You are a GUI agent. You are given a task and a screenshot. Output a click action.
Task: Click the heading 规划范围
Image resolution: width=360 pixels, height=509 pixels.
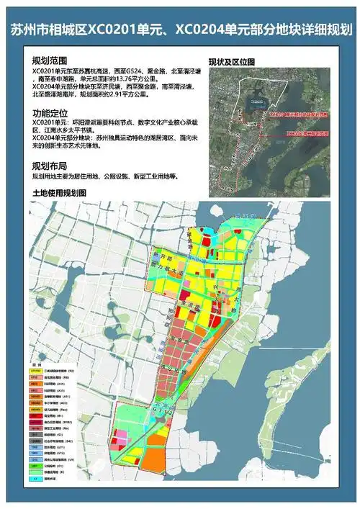48,60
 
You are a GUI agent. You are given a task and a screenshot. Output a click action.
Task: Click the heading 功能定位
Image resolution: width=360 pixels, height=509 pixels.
48,113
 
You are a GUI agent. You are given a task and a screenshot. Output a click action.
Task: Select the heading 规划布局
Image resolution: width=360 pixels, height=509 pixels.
48,166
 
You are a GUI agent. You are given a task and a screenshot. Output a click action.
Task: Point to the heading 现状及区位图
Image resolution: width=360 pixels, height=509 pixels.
232,61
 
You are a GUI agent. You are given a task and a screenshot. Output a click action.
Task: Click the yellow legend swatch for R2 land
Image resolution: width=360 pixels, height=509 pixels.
35,369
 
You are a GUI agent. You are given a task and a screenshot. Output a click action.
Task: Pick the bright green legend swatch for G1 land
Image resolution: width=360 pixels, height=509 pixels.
35,466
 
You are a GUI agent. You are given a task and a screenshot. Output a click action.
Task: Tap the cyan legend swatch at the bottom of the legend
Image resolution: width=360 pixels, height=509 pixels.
35,478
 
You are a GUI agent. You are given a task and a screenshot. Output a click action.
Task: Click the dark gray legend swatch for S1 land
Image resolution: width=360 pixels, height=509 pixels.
35,433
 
